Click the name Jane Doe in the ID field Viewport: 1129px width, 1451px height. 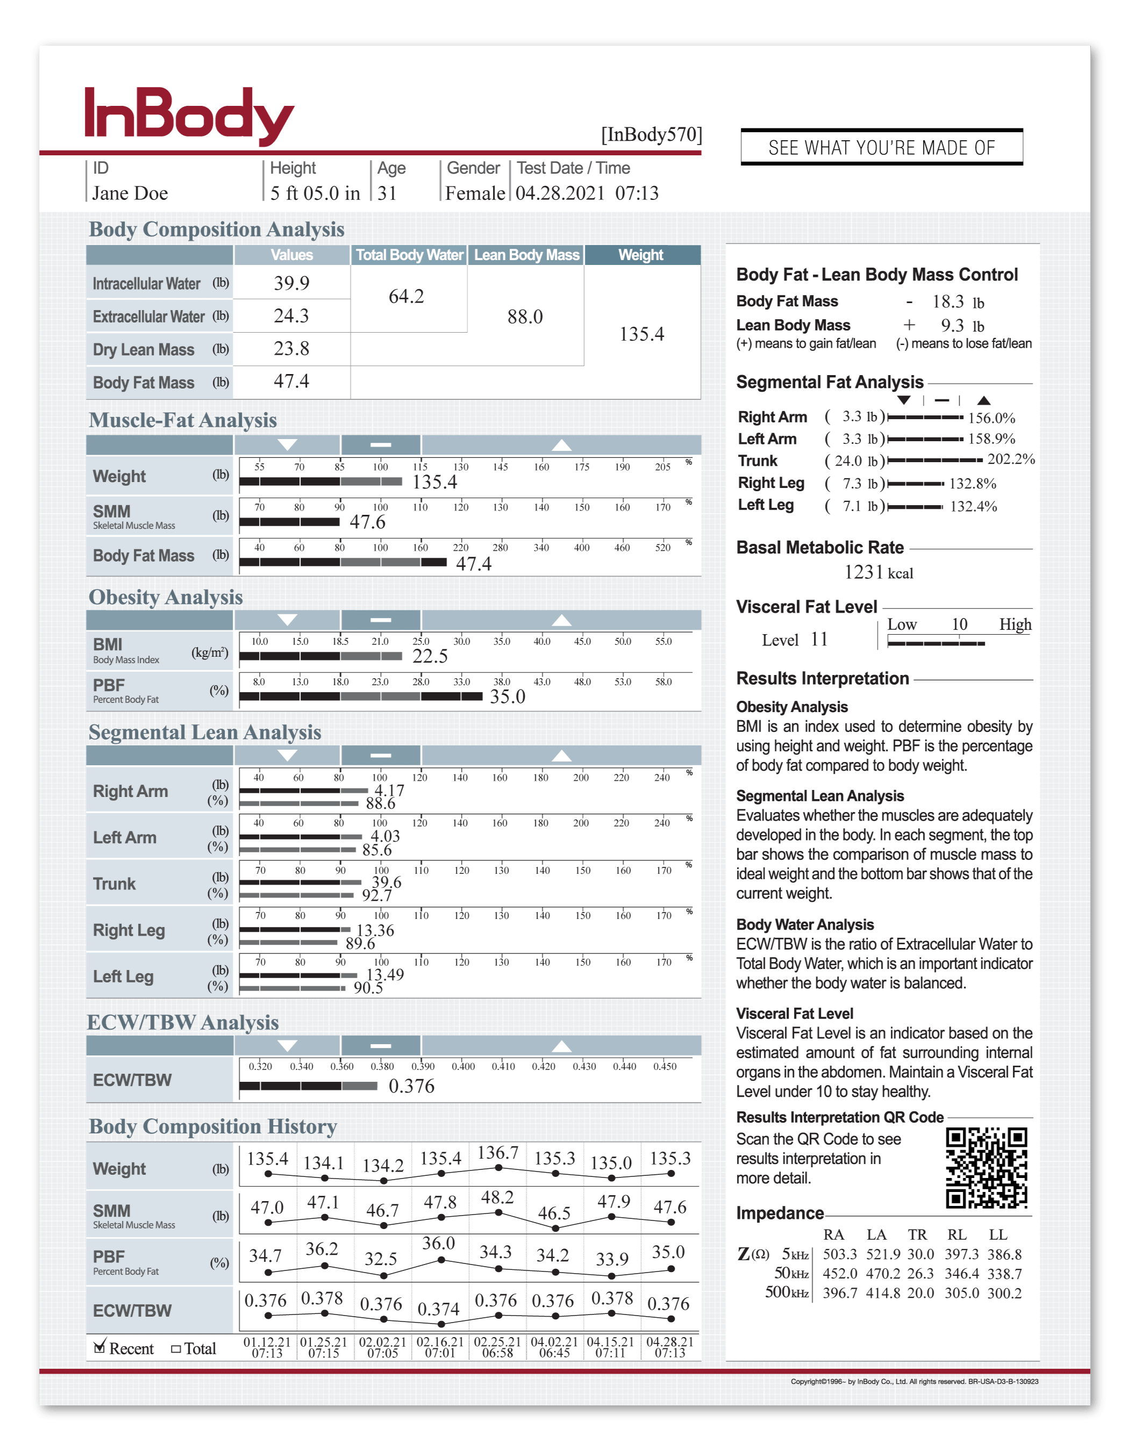click(130, 193)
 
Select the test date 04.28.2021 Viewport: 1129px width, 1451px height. click(560, 193)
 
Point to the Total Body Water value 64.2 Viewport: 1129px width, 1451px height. click(406, 296)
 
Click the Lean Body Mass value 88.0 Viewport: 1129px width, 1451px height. click(525, 317)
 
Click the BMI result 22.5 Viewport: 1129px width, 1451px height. click(430, 656)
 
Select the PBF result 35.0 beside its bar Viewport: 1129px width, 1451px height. click(507, 697)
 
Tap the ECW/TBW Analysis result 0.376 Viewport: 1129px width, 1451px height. click(411, 1086)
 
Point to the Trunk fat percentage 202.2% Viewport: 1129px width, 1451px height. click(1011, 459)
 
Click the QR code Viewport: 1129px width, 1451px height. click(986, 1168)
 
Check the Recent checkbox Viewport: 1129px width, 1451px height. click(99, 1347)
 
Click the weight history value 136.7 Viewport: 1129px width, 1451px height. click(498, 1153)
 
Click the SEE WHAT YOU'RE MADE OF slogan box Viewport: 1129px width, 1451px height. click(881, 147)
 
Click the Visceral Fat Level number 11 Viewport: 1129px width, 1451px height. click(819, 640)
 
